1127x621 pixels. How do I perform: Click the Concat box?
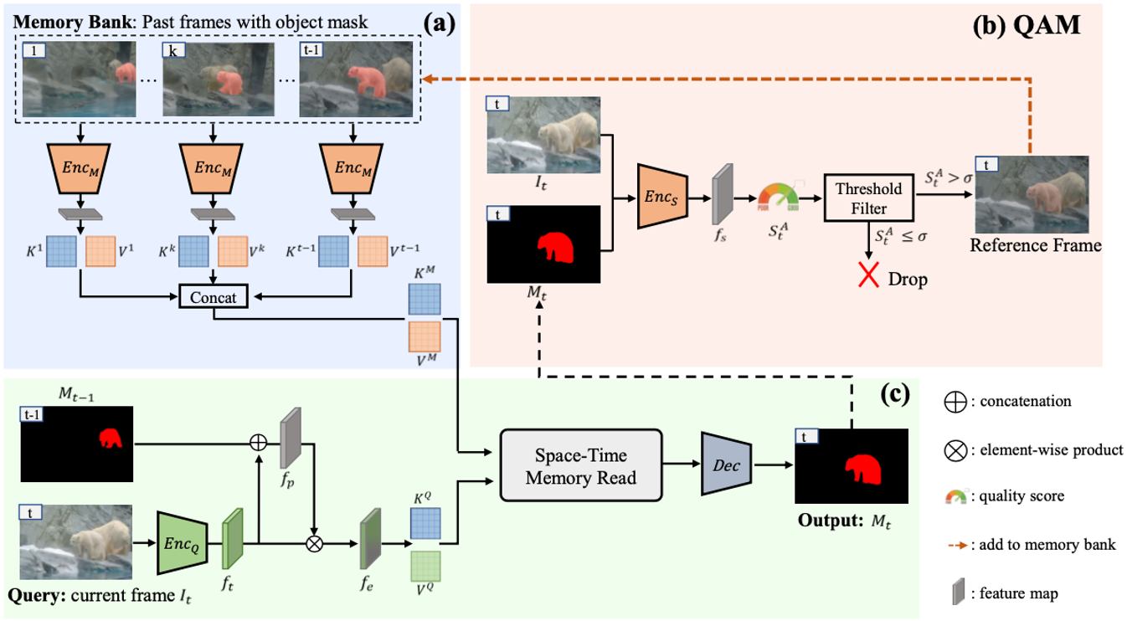coord(214,297)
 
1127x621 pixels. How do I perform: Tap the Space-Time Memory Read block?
coord(580,465)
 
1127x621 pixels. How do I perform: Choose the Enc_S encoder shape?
coord(663,198)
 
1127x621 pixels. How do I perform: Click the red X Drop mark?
coord(866,278)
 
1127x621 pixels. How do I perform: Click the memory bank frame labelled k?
coord(218,80)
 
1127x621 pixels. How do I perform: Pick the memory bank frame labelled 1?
coord(80,80)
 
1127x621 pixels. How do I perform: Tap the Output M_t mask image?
coord(852,466)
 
